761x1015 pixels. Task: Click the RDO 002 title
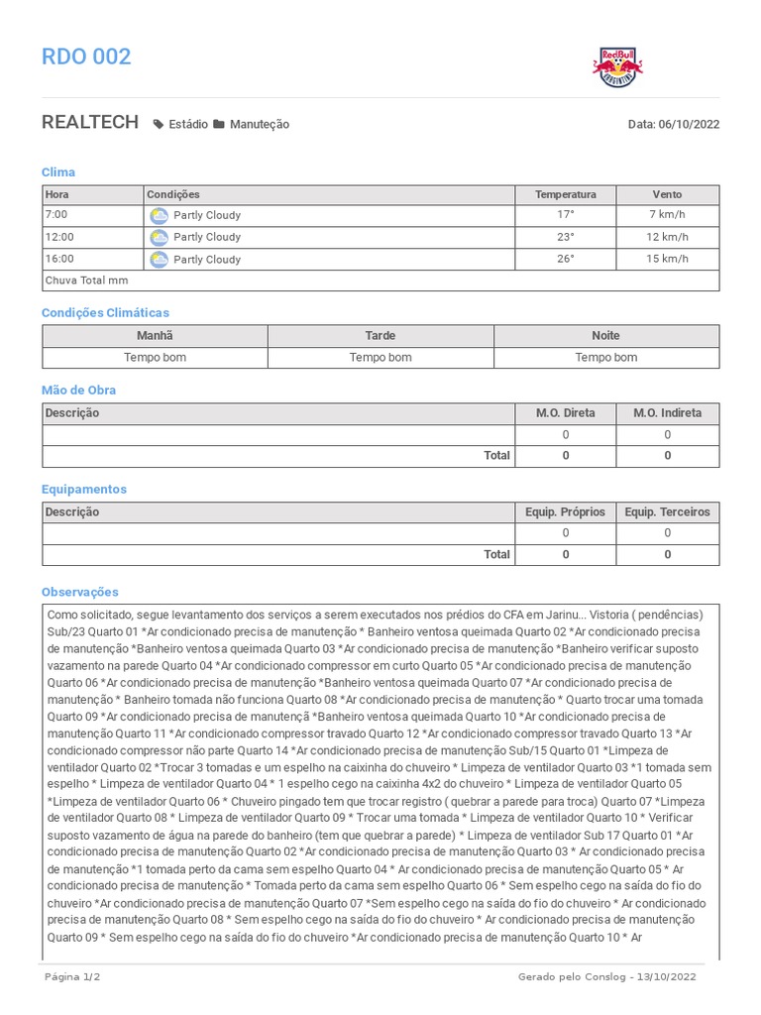point(86,56)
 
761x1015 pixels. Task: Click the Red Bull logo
point(617,66)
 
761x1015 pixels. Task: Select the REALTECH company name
point(90,123)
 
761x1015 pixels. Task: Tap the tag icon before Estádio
point(159,125)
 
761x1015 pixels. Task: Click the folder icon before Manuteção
point(219,125)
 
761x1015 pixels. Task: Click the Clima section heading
point(58,172)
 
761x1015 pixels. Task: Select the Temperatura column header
point(566,195)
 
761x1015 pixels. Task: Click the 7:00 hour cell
point(56,215)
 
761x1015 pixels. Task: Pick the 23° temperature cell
point(565,237)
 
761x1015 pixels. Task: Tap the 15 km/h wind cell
point(667,259)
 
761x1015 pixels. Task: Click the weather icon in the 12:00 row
point(159,237)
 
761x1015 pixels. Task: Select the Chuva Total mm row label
point(87,281)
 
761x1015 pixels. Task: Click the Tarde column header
point(380,336)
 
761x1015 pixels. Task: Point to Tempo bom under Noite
point(606,358)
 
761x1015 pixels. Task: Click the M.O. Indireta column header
point(667,413)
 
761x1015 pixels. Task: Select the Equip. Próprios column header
point(566,512)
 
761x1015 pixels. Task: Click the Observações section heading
point(80,592)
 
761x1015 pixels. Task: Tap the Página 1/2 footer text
point(72,977)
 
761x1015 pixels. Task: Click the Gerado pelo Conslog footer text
point(606,977)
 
